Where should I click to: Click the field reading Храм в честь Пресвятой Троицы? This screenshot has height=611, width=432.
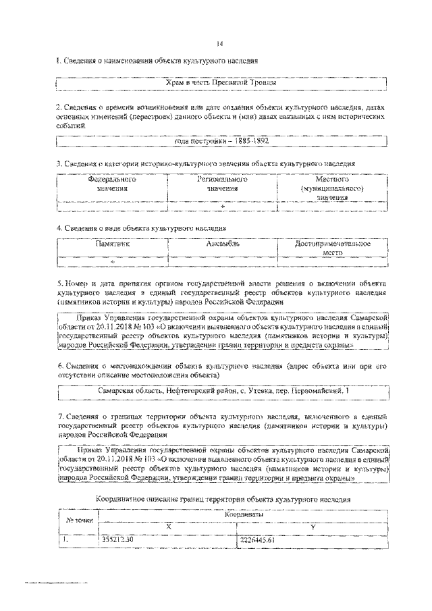tap(221, 83)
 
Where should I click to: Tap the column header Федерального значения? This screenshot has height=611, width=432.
tap(112, 185)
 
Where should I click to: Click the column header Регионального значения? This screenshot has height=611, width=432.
tap(222, 185)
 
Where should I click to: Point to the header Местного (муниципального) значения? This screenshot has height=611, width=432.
tap(331, 189)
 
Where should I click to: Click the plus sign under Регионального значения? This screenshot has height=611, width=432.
tap(222, 205)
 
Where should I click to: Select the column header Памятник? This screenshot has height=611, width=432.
tap(112, 243)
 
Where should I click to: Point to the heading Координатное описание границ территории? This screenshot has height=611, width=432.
tap(223, 500)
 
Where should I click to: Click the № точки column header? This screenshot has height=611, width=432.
tap(79, 520)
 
